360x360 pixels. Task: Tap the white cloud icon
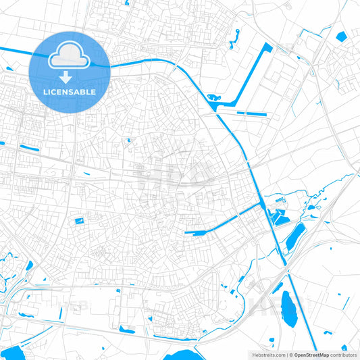pos(70,57)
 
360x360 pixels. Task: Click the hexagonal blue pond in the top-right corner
pos(341,36)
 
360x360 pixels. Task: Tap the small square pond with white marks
pos(80,221)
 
